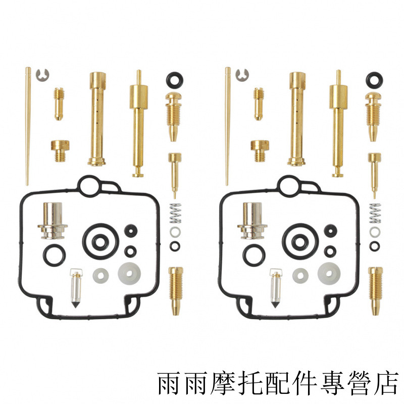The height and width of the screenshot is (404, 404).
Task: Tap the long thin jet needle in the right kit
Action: (x=228, y=126)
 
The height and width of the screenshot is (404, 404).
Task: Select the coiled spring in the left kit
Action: (x=175, y=213)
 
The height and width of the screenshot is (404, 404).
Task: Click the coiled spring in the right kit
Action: (x=375, y=213)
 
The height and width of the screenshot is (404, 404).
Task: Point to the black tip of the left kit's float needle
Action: (x=75, y=305)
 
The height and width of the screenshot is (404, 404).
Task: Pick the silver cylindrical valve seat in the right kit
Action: (x=252, y=221)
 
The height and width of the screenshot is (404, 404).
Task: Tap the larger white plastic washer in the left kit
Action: (x=129, y=273)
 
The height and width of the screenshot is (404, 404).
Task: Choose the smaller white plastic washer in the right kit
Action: (x=300, y=276)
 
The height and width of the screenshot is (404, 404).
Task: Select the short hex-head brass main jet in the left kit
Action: (x=60, y=150)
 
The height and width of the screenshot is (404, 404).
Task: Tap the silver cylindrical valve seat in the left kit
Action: (x=53, y=221)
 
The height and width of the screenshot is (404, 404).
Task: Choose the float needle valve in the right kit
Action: (x=276, y=288)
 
